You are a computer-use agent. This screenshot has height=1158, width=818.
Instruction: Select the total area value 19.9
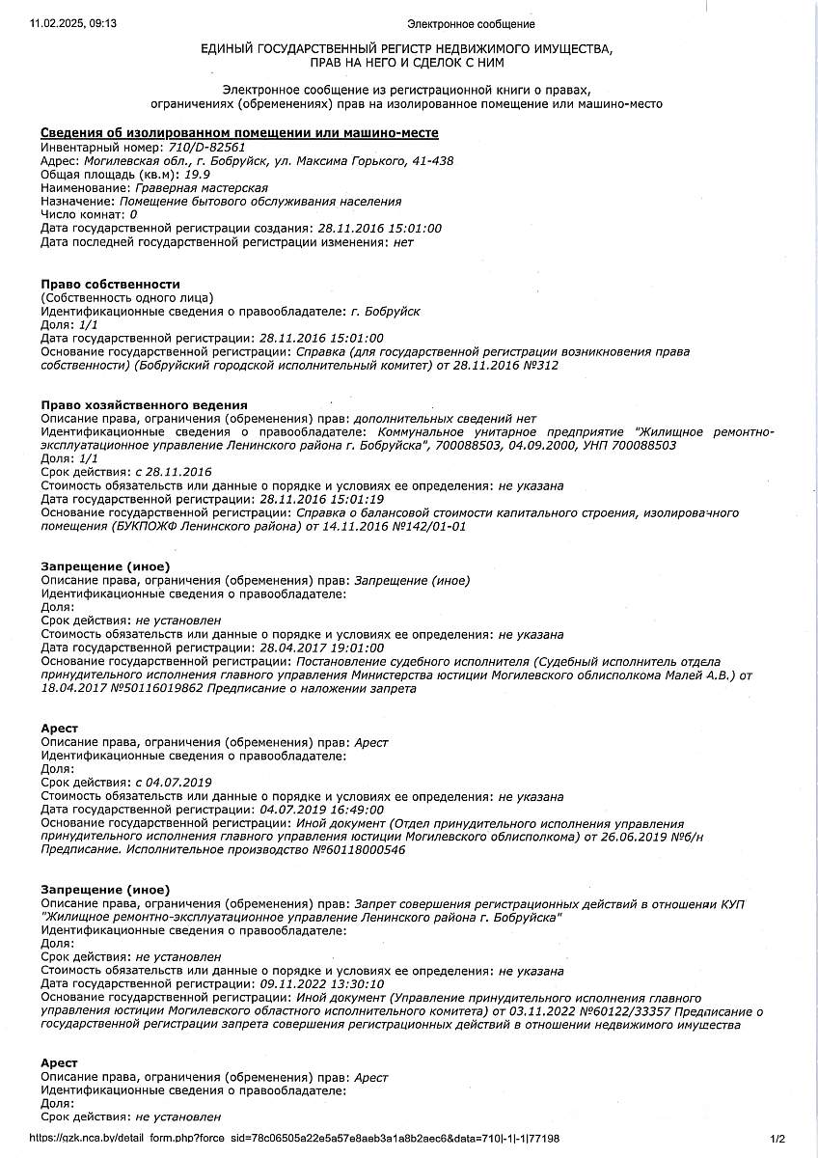tap(171, 175)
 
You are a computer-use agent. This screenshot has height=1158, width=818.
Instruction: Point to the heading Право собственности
tap(110, 284)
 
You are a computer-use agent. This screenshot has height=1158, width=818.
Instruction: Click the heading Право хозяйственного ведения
tap(144, 404)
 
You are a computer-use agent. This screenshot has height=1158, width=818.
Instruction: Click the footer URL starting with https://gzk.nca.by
tap(294, 1139)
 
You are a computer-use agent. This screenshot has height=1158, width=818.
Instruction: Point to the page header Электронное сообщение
tap(471, 23)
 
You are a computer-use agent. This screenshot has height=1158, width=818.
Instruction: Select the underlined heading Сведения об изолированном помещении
tap(239, 132)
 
